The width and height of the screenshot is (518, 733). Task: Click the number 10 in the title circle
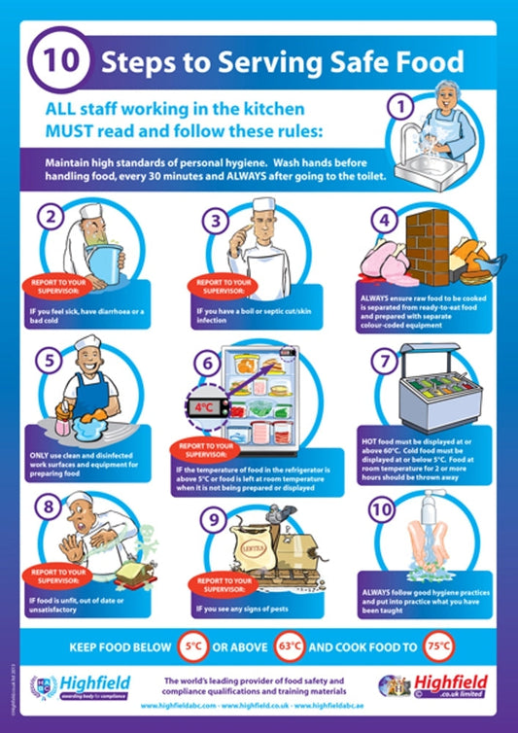(57, 59)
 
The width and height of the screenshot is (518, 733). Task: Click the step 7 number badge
(387, 360)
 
